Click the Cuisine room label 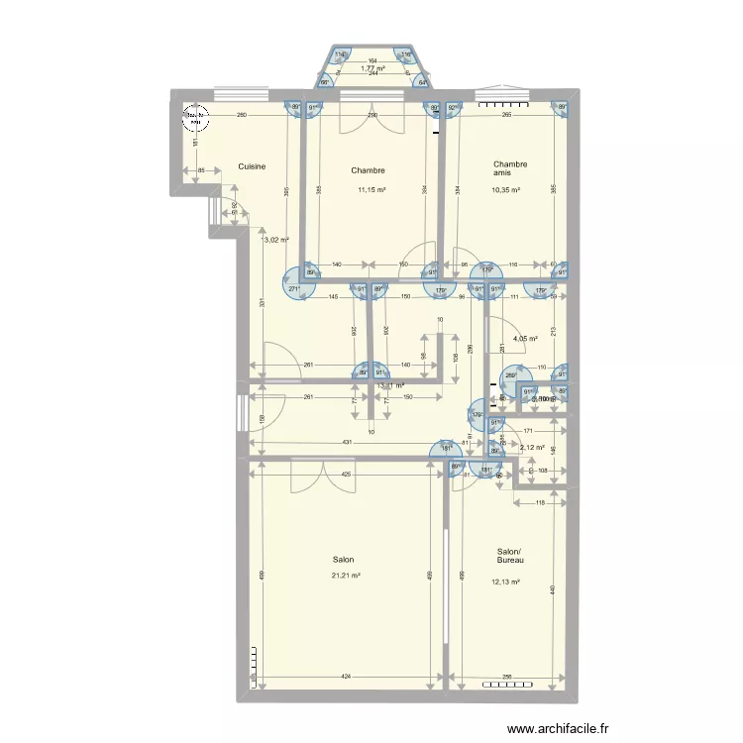(x=252, y=166)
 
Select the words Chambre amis (x=510, y=168)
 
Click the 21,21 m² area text (x=346, y=576)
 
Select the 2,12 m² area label (x=532, y=447)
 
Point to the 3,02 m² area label (x=275, y=239)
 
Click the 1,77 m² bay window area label (x=372, y=68)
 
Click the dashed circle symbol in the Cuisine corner (x=195, y=119)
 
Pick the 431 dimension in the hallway (x=348, y=442)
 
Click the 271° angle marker (x=294, y=289)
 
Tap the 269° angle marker (x=510, y=375)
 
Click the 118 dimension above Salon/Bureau (x=540, y=503)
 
